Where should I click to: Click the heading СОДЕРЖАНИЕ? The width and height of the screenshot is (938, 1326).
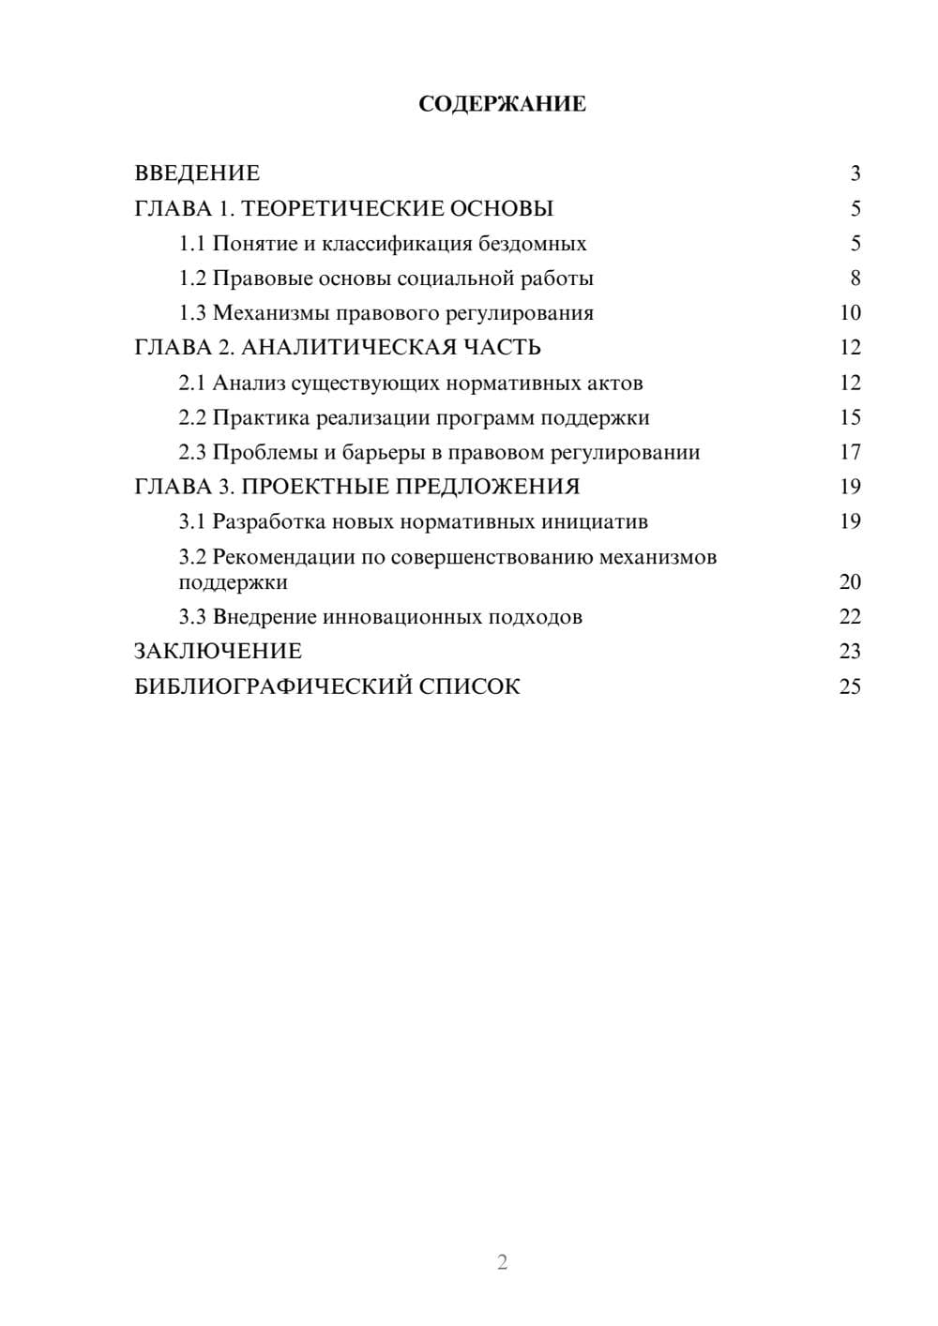pyautogui.click(x=502, y=104)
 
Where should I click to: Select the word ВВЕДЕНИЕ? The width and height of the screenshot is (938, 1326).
pyautogui.click(x=197, y=173)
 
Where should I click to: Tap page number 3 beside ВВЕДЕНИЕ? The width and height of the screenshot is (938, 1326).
pyautogui.click(x=855, y=173)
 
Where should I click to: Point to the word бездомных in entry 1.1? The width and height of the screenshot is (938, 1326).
pyautogui.click(x=533, y=244)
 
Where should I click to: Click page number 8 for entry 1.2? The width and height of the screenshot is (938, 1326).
pyautogui.click(x=855, y=279)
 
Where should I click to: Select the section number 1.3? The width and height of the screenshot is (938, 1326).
pyautogui.click(x=192, y=313)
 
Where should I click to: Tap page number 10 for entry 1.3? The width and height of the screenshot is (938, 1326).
pyautogui.click(x=850, y=313)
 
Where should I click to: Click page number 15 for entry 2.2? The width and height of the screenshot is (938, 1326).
pyautogui.click(x=850, y=417)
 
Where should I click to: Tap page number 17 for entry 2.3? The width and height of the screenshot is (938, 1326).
pyautogui.click(x=850, y=452)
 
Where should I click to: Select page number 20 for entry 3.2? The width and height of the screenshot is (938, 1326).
pyautogui.click(x=850, y=582)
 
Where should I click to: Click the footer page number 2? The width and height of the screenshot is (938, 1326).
pyautogui.click(x=502, y=1262)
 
